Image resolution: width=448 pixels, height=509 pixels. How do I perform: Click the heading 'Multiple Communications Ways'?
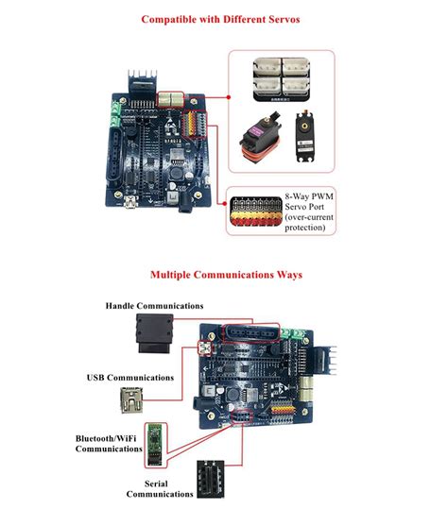(x=225, y=275)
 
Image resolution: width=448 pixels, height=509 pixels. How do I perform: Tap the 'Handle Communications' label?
(x=155, y=306)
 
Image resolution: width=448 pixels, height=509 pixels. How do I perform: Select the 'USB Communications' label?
(x=130, y=378)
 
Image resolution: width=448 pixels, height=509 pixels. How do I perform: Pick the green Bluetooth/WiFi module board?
(x=155, y=443)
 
